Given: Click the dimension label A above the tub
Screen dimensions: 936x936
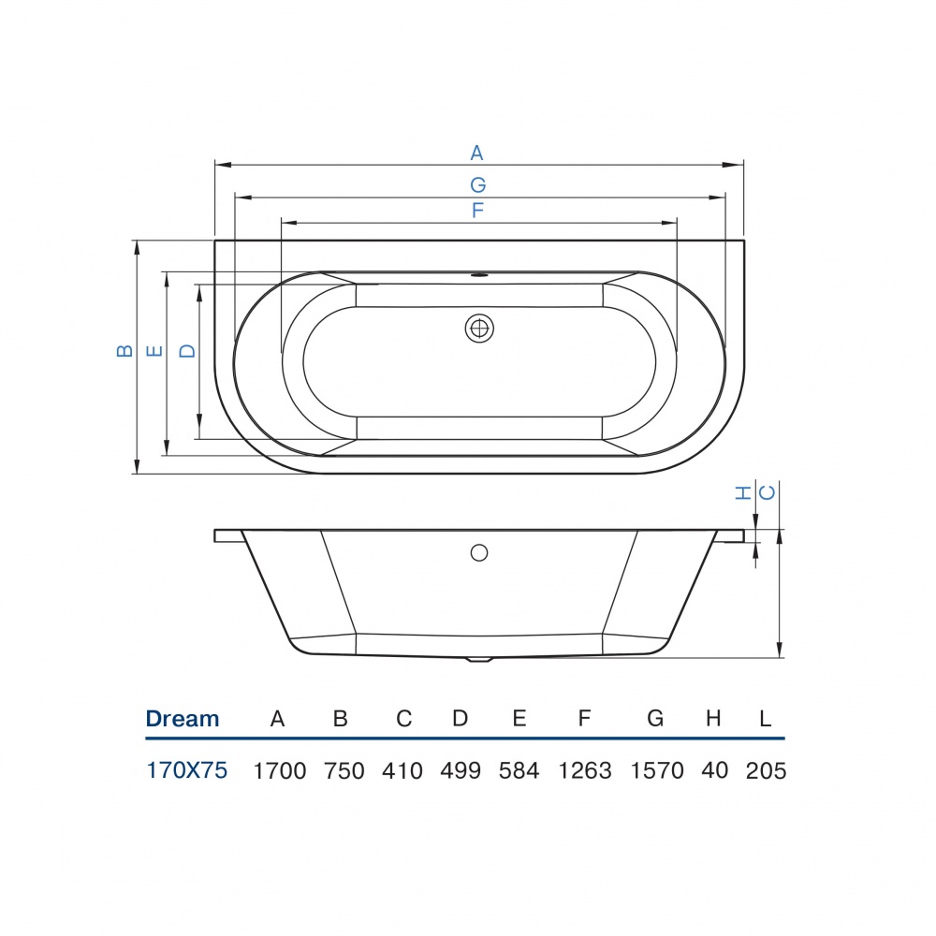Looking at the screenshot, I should coord(476,153).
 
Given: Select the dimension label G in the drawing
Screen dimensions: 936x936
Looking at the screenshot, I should coord(477,184).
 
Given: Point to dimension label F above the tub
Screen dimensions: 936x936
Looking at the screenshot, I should coord(477,212).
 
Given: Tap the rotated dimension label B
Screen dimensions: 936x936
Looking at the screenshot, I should coord(124,351).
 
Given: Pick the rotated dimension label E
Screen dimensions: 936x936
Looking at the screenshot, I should coord(155,351).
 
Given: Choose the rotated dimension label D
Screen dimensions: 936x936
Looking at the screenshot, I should coord(187,351).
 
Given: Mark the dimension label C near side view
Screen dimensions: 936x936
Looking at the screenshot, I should coord(767,492).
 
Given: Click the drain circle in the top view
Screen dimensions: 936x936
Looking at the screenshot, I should coord(479,329).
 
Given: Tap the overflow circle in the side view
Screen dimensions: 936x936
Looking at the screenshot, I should coord(479,552).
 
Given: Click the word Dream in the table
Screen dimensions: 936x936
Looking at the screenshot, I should coord(183,719).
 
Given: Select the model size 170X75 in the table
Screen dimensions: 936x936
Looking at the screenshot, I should coord(187,770).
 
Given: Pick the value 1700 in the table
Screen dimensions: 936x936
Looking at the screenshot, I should coord(280,771).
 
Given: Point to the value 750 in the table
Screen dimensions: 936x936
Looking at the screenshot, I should coord(344,771).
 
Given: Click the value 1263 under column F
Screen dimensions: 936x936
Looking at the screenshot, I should coord(585,771).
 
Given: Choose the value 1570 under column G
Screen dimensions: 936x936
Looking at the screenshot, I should coord(655,771).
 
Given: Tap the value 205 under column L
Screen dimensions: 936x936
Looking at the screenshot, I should coord(767,771).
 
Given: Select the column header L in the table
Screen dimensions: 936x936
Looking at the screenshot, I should coord(765,719).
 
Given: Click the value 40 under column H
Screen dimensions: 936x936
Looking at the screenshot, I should coord(713,771).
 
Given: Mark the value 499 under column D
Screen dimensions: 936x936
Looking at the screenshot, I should coord(461,771).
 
